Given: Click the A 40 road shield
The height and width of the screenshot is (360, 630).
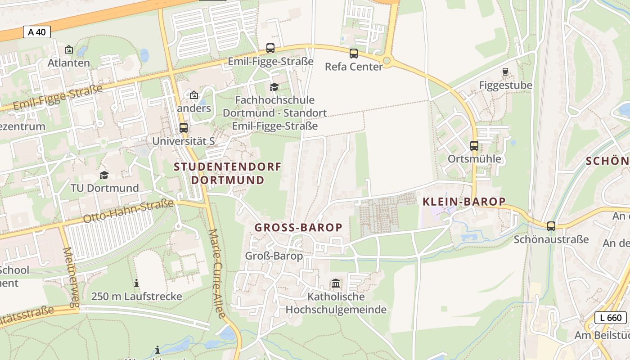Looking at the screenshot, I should (37, 32).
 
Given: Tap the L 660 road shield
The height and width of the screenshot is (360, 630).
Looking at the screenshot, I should (611, 318).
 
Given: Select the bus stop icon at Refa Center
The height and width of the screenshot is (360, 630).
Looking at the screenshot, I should (354, 54).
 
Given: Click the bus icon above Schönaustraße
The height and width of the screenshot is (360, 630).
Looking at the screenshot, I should (551, 226).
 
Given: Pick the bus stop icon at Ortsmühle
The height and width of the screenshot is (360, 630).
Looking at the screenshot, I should (474, 145).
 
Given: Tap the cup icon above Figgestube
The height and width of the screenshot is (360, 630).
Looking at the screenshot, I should (505, 72).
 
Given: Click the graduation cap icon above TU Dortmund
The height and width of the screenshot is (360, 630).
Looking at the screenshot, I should (104, 175).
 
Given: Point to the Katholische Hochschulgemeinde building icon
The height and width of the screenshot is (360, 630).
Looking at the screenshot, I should (336, 283).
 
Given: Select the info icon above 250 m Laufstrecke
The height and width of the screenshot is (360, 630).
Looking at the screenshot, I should (136, 283).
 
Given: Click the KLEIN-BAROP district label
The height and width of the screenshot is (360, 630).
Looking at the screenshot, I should (464, 202).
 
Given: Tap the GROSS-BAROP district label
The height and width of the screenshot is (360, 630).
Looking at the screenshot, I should (298, 228).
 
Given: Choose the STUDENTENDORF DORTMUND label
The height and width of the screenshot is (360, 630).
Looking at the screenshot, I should (228, 173).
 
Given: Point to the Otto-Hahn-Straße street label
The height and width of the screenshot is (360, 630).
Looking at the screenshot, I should (128, 211).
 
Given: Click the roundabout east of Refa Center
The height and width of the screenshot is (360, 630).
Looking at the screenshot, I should (386, 60).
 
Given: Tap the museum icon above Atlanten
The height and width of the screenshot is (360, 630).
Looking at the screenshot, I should (69, 49).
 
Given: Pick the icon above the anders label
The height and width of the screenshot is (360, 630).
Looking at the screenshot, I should (194, 95).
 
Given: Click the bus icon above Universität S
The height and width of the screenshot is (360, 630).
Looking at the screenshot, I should (184, 127).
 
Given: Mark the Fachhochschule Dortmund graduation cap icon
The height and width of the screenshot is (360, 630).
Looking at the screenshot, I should (274, 87).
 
